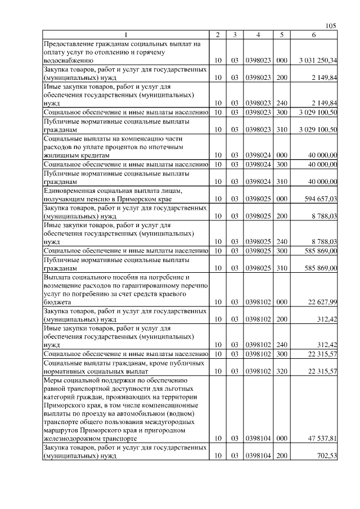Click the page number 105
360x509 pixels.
331,26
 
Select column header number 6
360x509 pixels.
314,35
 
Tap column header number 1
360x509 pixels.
126,35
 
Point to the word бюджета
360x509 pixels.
57,303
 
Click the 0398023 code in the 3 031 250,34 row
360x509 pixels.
257,60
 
